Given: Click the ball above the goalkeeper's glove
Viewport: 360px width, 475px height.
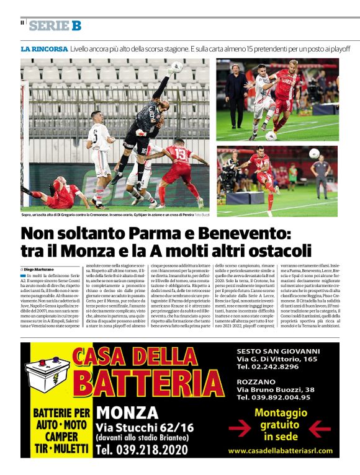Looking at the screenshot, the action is (x=177, y=66).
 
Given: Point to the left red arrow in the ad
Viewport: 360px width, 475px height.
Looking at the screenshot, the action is (x=240, y=428).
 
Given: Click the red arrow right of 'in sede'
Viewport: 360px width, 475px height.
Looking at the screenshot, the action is (x=320, y=428).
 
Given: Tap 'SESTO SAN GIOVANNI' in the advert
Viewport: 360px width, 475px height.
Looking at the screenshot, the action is (x=278, y=350).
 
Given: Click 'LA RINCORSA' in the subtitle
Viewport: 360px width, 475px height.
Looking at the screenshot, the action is (x=44, y=48).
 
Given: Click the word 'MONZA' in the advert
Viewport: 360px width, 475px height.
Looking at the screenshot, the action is (x=127, y=412).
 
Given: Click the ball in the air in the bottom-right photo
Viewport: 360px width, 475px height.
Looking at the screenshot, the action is (x=313, y=153).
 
